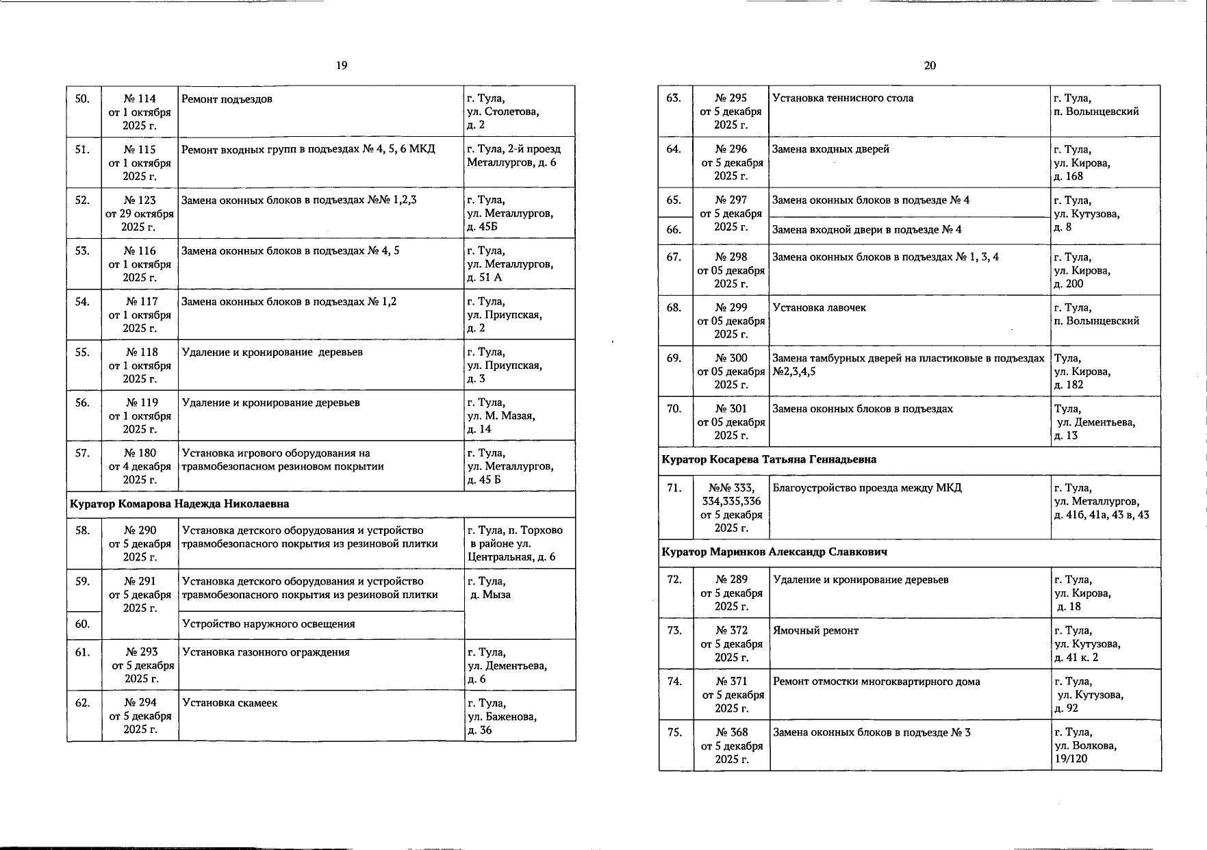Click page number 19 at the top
coord(342,66)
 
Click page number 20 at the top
coord(930,66)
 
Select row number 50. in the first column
coord(82,99)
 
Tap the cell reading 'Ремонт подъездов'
coord(227,99)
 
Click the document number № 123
coord(140,200)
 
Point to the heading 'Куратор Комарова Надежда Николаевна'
coord(179,504)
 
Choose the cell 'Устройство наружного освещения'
coord(268,623)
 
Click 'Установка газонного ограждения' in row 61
coord(266,652)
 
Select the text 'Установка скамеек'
coord(230,703)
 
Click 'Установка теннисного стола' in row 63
coord(843,98)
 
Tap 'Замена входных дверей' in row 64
coord(830,149)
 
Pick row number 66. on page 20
coord(674,229)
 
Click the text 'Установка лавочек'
coord(819,308)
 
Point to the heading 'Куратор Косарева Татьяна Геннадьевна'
coord(769,459)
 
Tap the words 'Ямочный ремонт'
coord(815,630)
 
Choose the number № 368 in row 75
coord(732,732)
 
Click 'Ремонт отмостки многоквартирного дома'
coord(876,682)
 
